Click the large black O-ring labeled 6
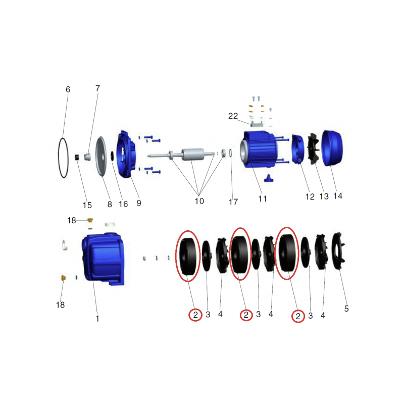coord(59,158)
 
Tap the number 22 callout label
coord(233,116)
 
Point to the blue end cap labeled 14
coord(332,148)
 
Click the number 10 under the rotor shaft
coord(199,201)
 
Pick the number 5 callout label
coord(346,309)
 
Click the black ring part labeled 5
coord(338,251)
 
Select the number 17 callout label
coord(233,201)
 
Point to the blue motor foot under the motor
coord(268,178)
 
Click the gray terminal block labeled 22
coord(257,124)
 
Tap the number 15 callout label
coord(87,205)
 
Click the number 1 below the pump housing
coord(97,319)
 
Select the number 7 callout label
coord(97,88)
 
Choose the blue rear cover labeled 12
coord(298,149)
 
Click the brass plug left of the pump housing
coord(63,278)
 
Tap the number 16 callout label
coord(123,204)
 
